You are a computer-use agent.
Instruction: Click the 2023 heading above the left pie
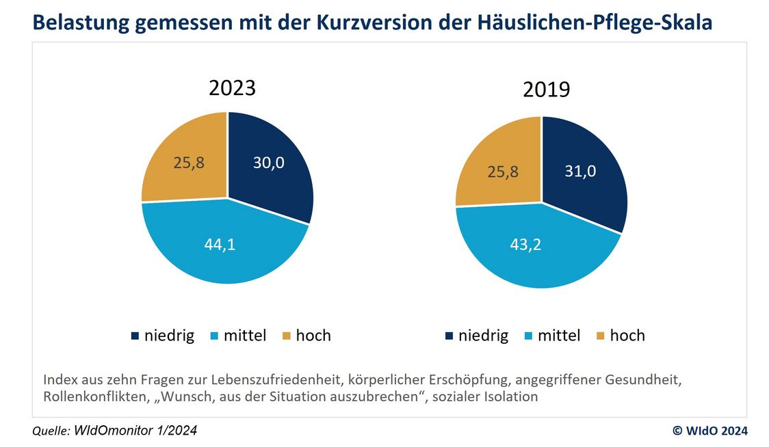pyautogui.click(x=232, y=88)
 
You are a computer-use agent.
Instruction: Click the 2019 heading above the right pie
pyautogui.click(x=546, y=90)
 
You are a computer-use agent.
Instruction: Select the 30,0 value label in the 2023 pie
pyautogui.click(x=268, y=163)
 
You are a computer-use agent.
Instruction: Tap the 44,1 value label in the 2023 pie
pyautogui.click(x=220, y=245)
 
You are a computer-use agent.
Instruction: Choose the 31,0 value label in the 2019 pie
pyautogui.click(x=580, y=171)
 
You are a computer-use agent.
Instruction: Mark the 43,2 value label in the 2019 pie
pyautogui.click(x=525, y=244)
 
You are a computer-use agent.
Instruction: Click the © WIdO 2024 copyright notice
pyautogui.click(x=710, y=431)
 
